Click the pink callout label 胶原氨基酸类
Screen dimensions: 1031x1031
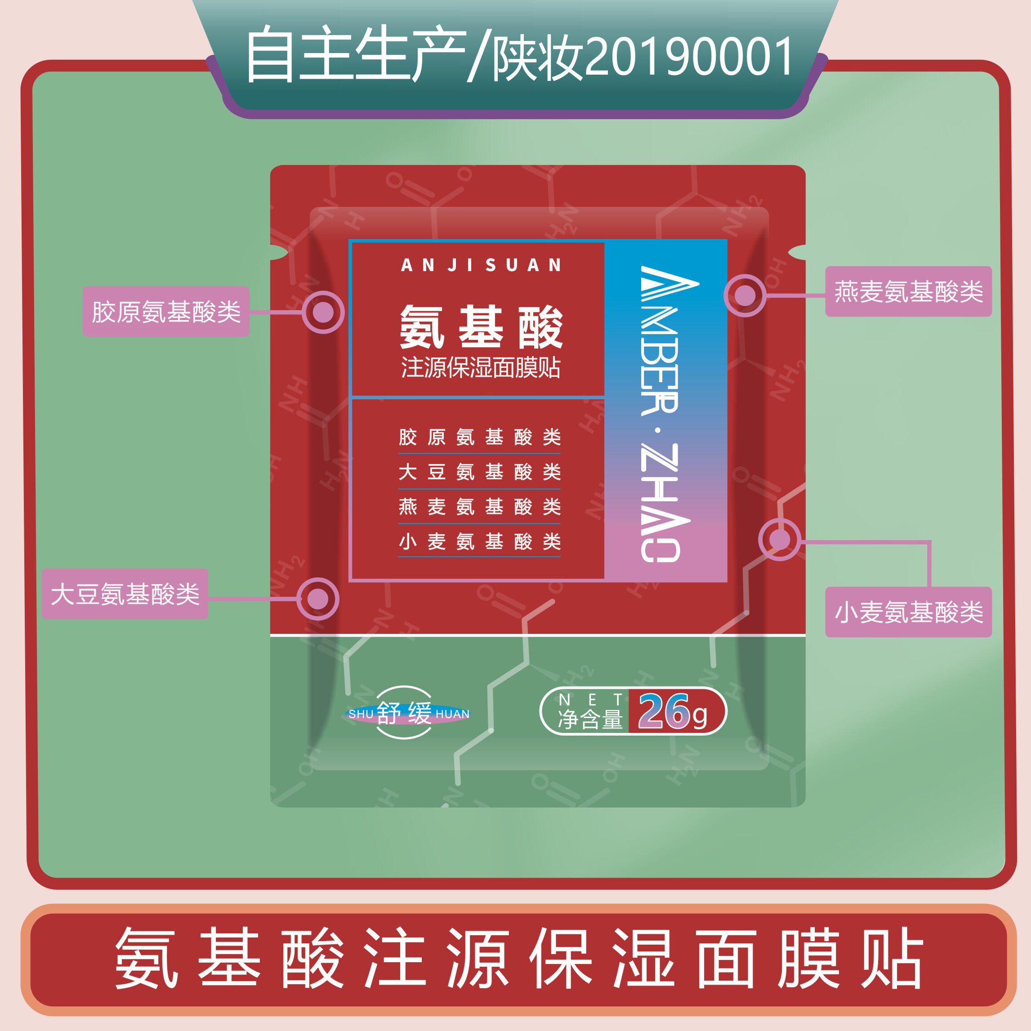tap(165, 312)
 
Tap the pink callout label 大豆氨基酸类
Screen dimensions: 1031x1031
tap(125, 594)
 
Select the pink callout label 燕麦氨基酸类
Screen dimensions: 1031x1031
tap(908, 291)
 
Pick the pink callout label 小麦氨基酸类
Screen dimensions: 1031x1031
tap(908, 612)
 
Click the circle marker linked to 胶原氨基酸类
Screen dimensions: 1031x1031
tap(323, 312)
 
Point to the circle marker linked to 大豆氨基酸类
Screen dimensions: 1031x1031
tap(318, 599)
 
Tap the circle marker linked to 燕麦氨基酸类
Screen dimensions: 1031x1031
tap(745, 295)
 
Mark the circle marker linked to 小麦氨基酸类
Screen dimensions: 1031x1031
tap(780, 540)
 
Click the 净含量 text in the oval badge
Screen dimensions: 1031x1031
tap(590, 719)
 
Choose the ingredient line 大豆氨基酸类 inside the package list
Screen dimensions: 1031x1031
tap(480, 472)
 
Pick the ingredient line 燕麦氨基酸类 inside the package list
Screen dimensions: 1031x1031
tap(480, 506)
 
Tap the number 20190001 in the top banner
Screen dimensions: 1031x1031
tap(688, 57)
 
